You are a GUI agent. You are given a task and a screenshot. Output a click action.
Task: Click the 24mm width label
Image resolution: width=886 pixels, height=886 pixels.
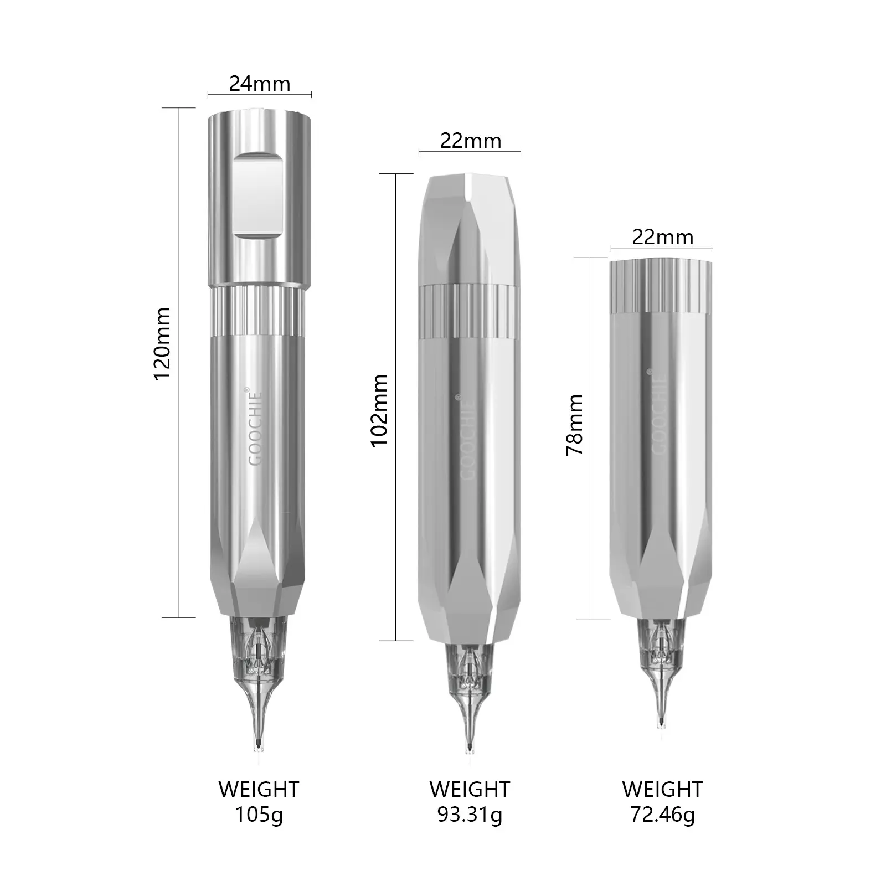pyautogui.click(x=260, y=84)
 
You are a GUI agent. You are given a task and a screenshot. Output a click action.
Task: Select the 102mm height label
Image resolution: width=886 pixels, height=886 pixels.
pyautogui.click(x=379, y=410)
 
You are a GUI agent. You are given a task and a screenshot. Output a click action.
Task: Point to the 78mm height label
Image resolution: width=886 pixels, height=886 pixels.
pyautogui.click(x=574, y=425)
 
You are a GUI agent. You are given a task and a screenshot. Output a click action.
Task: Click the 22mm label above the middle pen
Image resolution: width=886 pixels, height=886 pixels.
pyautogui.click(x=471, y=141)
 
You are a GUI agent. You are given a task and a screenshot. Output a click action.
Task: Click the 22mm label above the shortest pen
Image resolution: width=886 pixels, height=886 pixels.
pyautogui.click(x=662, y=238)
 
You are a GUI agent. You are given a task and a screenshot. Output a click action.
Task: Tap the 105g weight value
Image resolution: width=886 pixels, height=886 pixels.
pyautogui.click(x=259, y=815)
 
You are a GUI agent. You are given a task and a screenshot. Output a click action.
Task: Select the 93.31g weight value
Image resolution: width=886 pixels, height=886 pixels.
pyautogui.click(x=470, y=815)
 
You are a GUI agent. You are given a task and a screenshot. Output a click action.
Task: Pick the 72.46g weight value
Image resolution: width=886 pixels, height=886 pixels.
pyautogui.click(x=662, y=815)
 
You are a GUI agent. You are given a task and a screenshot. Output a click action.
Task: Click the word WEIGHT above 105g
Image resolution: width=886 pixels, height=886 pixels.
pyautogui.click(x=259, y=789)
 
